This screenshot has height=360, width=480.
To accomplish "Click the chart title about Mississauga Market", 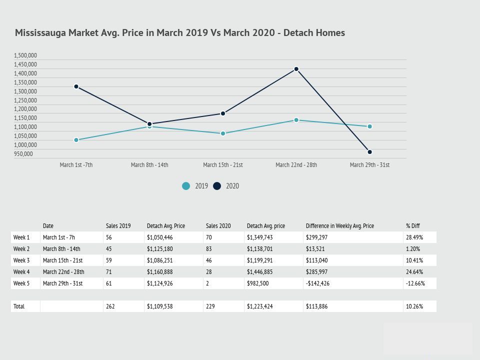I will click(x=180, y=33).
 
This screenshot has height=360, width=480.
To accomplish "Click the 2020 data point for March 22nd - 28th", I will click(x=296, y=69).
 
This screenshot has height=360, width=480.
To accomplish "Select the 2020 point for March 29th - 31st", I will click(x=370, y=152).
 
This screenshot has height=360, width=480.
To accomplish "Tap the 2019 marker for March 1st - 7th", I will click(x=76, y=140).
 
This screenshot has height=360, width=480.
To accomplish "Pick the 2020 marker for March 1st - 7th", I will click(x=76, y=86).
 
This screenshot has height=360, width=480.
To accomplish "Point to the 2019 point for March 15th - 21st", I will click(x=223, y=133).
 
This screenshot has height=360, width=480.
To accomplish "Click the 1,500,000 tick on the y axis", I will click(x=25, y=55).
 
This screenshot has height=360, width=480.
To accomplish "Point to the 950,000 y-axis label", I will click(x=23, y=154).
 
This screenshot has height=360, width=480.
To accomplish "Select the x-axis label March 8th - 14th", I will click(x=149, y=165).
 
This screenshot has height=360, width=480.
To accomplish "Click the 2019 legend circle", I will click(x=186, y=186).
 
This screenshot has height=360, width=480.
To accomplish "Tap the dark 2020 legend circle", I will click(x=217, y=186).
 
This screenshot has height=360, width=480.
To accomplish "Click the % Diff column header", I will click(x=413, y=226).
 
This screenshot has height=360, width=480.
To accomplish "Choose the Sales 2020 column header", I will click(x=218, y=226).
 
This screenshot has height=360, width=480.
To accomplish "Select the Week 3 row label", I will click(x=21, y=260).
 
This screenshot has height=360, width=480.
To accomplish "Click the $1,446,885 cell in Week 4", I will click(x=260, y=272).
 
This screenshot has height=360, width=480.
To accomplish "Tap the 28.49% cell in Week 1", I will click(x=414, y=237).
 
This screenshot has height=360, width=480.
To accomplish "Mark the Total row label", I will click(x=19, y=306).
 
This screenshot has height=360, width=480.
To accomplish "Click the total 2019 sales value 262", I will click(x=110, y=306).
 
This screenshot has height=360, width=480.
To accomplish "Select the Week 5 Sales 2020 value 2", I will click(x=207, y=283).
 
